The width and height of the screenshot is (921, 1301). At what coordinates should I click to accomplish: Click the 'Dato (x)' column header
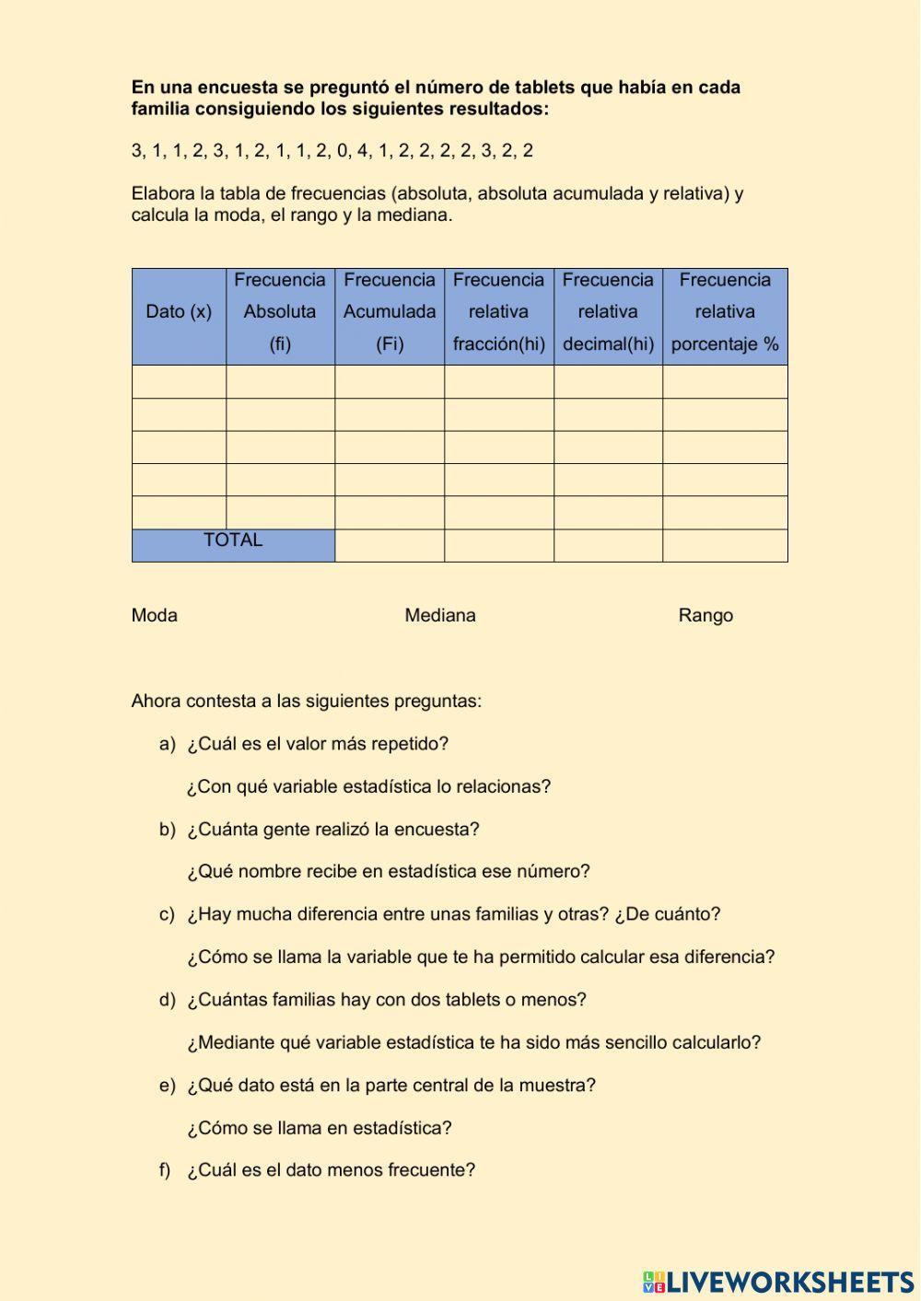pyautogui.click(x=179, y=312)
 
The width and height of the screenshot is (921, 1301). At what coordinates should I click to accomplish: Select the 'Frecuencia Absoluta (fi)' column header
pyautogui.click(x=280, y=312)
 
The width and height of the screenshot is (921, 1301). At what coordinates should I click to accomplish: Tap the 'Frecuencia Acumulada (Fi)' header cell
pyautogui.click(x=390, y=312)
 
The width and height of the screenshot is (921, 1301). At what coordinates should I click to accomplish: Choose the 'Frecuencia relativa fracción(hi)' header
pyautogui.click(x=498, y=312)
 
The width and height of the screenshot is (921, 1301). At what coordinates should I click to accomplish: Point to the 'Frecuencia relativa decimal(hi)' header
pyautogui.click(x=608, y=312)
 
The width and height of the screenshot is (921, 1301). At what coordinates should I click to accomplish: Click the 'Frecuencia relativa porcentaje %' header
pyautogui.click(x=725, y=312)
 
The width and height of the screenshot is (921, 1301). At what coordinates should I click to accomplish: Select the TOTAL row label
pyautogui.click(x=233, y=540)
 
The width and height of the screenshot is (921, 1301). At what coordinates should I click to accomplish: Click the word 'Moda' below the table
pyautogui.click(x=155, y=615)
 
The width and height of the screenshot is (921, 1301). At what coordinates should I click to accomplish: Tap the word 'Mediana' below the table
pyautogui.click(x=440, y=615)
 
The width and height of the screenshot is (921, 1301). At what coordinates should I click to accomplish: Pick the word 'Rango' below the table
pyautogui.click(x=705, y=615)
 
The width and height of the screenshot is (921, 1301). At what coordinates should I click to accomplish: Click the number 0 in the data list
pyautogui.click(x=342, y=151)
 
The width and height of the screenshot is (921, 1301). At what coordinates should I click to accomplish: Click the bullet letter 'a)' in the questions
pyautogui.click(x=167, y=744)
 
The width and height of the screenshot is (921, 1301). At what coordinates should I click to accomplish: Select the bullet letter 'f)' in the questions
pyautogui.click(x=165, y=1170)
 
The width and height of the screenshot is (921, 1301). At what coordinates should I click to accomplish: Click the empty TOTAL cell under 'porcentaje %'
pyautogui.click(x=725, y=545)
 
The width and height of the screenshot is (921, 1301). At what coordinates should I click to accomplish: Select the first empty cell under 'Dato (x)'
pyautogui.click(x=179, y=381)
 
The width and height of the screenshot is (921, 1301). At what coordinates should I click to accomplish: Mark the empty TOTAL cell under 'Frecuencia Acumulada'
pyautogui.click(x=390, y=545)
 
